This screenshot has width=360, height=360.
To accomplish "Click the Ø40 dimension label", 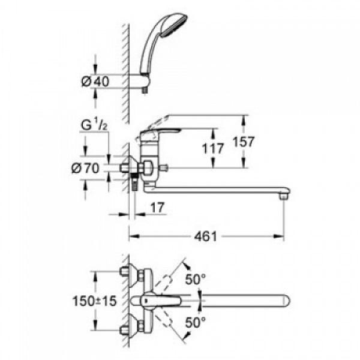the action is coord(95,82).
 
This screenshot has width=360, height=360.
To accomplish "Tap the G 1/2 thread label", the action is coord(94,125).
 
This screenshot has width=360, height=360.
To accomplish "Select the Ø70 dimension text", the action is coord(85,168).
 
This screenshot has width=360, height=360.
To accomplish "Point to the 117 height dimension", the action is coord(213,148).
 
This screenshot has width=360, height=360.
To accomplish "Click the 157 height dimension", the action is coord(244,142).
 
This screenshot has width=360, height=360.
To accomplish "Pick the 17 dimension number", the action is coord(157,208).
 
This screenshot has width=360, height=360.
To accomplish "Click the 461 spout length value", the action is coord(205,236).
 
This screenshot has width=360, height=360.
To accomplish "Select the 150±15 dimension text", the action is coord(94,301).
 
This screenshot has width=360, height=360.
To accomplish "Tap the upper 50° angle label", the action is coord(196,279).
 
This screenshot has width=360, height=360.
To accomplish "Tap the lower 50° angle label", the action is coord(196,322).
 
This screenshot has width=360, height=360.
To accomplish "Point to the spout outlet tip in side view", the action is coord(284,196).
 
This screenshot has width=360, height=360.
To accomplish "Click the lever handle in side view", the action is coord(161,132).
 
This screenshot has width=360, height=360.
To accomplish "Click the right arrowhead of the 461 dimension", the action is coord(279,236).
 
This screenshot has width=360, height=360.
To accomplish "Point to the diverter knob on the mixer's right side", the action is coord(165,168).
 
